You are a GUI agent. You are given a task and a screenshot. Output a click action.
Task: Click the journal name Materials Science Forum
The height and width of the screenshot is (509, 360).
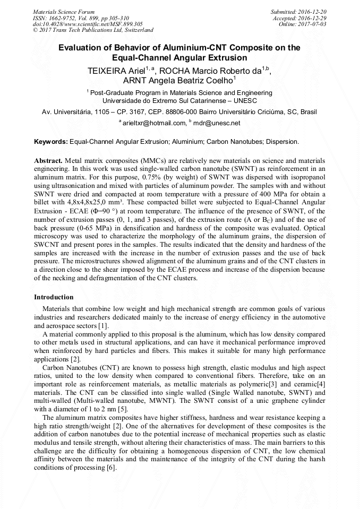pyautogui.click(x=64, y=11)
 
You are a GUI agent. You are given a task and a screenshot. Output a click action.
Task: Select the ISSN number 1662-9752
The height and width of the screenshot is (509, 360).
pyautogui.click(x=67, y=18)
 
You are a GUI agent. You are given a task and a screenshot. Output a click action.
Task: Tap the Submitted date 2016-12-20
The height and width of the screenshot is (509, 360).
pyautogui.click(x=312, y=11)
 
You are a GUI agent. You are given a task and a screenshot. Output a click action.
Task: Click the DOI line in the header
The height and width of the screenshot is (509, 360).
pyautogui.click(x=88, y=24)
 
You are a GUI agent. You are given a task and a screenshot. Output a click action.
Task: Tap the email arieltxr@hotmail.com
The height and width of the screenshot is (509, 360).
pyautogui.click(x=154, y=123)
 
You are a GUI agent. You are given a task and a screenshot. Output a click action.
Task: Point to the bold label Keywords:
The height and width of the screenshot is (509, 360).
pyautogui.click(x=51, y=142)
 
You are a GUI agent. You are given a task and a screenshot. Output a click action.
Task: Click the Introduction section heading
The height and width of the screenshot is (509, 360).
pyautogui.click(x=54, y=297)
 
